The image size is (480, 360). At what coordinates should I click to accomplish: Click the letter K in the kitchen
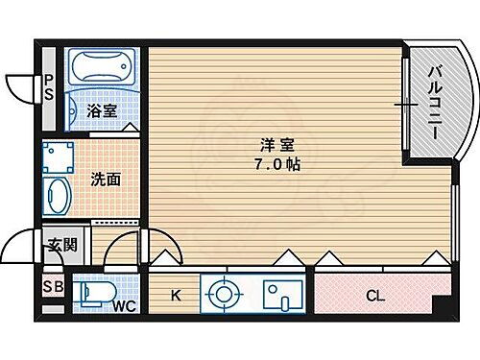[x=175, y=296]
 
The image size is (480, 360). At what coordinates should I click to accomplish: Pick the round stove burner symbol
[x=223, y=293]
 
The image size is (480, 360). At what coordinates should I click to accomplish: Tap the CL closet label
[x=375, y=296]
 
